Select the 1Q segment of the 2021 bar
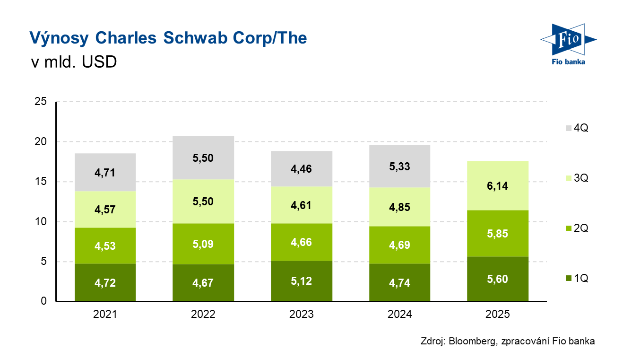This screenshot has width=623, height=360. [105, 282]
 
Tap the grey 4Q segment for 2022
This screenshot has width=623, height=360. [203, 158]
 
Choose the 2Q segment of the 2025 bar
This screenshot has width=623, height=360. [498, 234]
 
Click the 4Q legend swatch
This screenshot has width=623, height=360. [568, 128]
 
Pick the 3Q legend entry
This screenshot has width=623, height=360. [576, 178]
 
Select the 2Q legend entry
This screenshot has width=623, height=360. [576, 228]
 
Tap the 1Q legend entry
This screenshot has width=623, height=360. [576, 278]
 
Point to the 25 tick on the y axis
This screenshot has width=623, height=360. [42, 102]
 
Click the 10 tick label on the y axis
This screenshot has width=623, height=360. [42, 221]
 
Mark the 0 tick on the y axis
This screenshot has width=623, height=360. [44, 301]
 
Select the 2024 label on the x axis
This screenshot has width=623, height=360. [399, 314]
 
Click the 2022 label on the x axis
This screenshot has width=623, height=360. [203, 314]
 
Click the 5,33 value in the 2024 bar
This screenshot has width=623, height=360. [399, 166]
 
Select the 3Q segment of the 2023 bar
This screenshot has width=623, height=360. [302, 205]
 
